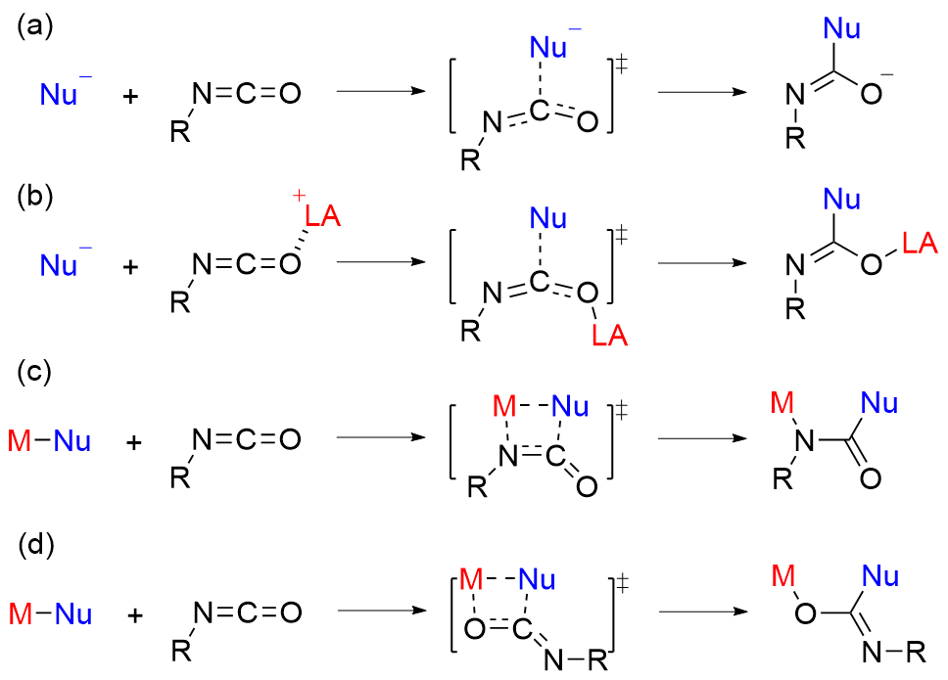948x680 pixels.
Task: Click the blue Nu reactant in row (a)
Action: pyautogui.click(x=60, y=95)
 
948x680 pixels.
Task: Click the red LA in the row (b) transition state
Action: pyautogui.click(x=606, y=338)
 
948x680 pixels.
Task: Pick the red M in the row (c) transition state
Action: pyautogui.click(x=503, y=405)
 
